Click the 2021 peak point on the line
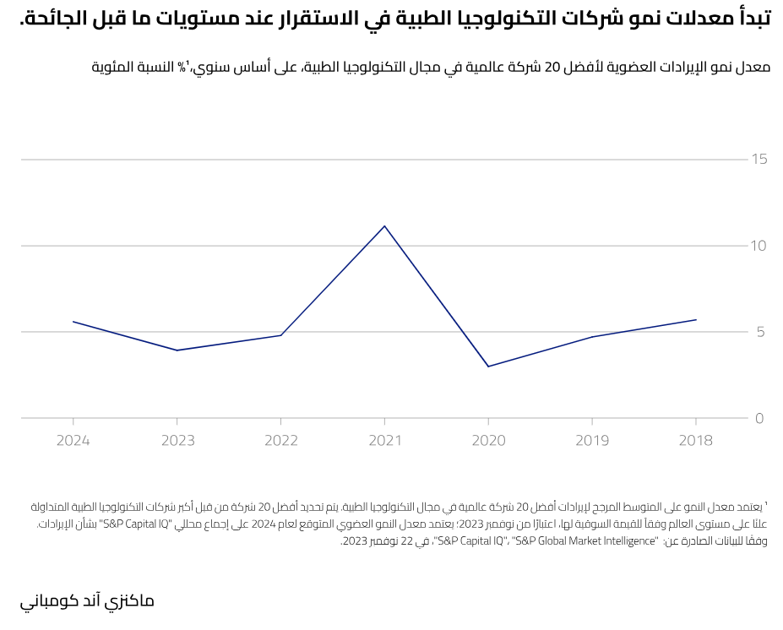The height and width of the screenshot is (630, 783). [384, 225]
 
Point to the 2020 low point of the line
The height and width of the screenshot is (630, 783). [488, 367]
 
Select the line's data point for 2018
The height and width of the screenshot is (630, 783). [696, 319]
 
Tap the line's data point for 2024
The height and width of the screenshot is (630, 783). [73, 322]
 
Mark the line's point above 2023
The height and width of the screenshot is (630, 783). [177, 350]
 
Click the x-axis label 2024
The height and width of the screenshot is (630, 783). [73, 441]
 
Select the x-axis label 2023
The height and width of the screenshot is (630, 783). [177, 441]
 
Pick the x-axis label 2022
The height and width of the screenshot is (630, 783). [281, 441]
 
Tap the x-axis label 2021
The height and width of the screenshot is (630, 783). [384, 441]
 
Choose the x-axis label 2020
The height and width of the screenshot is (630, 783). [488, 441]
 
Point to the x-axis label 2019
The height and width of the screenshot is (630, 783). [592, 441]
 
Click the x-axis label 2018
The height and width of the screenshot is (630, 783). [696, 441]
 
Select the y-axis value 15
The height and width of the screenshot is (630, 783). [759, 159]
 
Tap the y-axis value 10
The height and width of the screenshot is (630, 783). [759, 246]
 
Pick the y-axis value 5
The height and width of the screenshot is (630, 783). [760, 332]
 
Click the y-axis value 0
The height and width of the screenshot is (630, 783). [760, 418]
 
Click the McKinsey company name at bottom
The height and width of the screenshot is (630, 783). [87, 601]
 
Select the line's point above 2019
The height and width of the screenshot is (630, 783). [592, 337]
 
